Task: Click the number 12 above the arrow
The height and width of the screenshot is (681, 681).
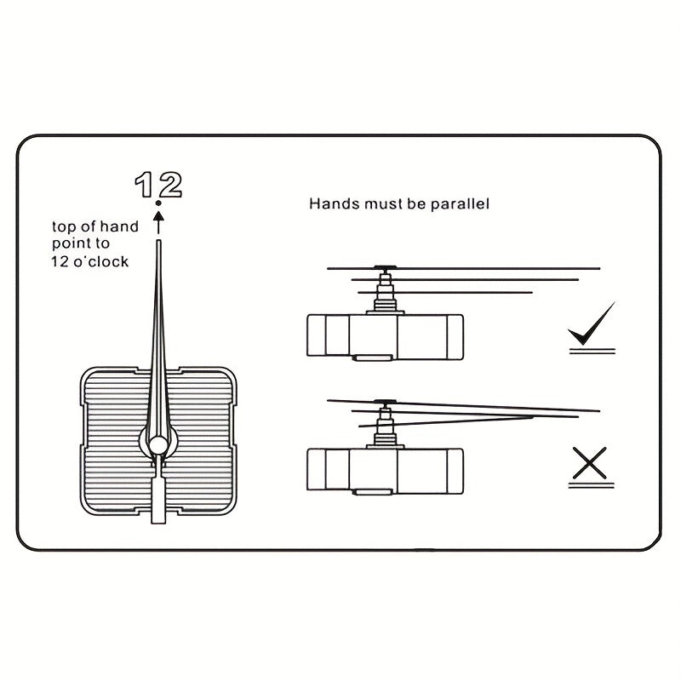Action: click(158, 184)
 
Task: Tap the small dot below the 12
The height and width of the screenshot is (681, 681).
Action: click(158, 204)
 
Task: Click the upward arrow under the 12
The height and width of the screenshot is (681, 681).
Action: click(158, 221)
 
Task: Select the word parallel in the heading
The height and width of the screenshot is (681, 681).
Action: click(460, 204)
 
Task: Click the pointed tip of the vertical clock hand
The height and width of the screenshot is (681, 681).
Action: click(158, 245)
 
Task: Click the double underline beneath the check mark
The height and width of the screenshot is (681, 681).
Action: click(592, 349)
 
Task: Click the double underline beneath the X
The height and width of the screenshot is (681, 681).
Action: click(592, 485)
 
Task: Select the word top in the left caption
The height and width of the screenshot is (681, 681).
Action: click(64, 226)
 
